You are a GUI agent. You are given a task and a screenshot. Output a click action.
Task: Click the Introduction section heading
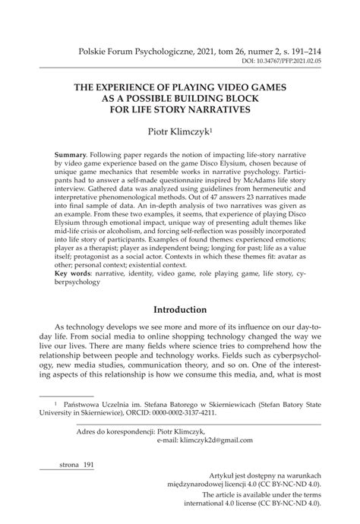(x=180, y=311)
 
